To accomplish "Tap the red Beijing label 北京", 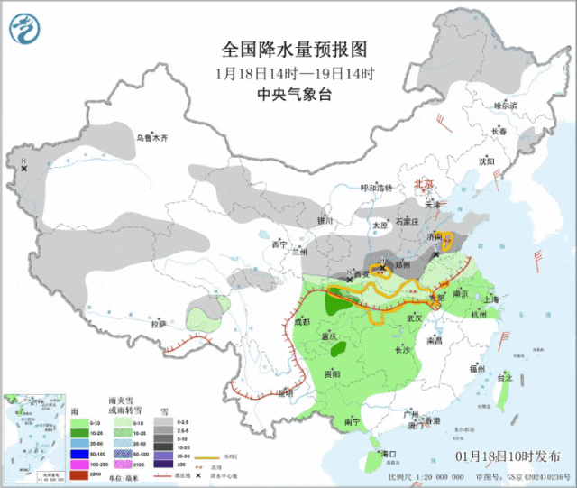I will click(x=423, y=183).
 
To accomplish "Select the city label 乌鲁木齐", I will click(x=152, y=138).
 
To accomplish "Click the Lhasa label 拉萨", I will click(x=159, y=322).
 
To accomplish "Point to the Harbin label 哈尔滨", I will click(x=506, y=106).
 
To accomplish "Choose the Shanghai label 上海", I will click(x=491, y=299).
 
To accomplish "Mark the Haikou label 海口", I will click(x=389, y=452).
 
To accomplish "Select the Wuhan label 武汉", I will click(x=415, y=318).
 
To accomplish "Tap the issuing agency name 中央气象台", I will click(x=288, y=94).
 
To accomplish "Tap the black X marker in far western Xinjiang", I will click(x=24, y=169).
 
